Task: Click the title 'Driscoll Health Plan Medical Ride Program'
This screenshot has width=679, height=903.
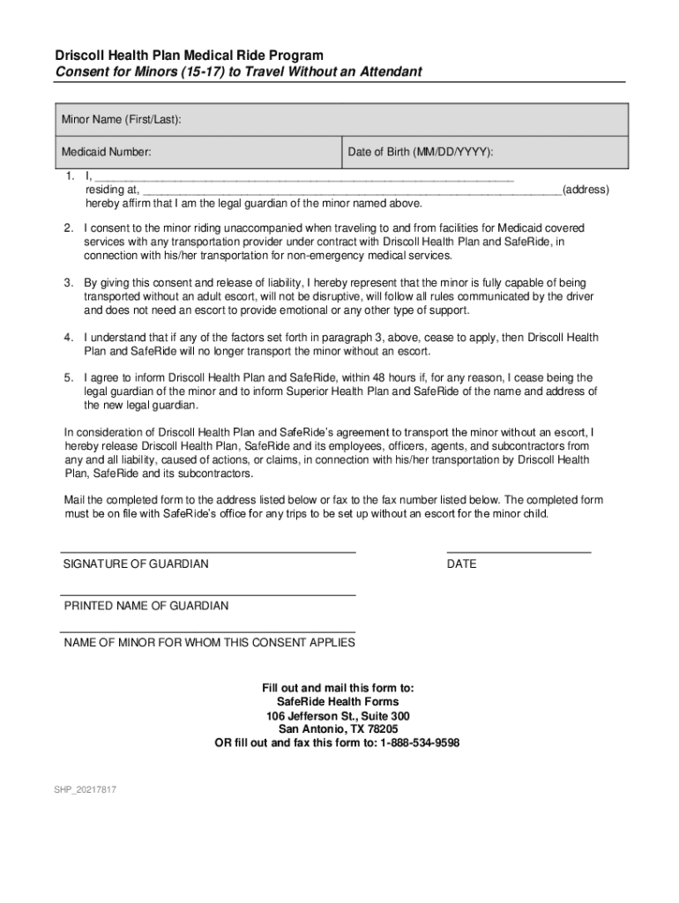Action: [x=189, y=56]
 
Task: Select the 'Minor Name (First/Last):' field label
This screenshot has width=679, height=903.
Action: [x=122, y=119]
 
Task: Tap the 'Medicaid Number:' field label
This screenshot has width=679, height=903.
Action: [x=106, y=153]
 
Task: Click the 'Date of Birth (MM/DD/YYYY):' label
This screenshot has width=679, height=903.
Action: [x=420, y=153]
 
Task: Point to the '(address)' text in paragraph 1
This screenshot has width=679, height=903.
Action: [x=585, y=190]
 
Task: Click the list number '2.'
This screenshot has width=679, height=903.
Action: [x=68, y=228]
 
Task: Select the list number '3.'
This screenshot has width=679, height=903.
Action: [x=68, y=283]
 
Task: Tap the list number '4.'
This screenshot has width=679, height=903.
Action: [x=68, y=338]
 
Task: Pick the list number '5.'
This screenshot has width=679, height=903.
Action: [x=68, y=377]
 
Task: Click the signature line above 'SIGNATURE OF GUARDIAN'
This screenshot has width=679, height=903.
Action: [x=208, y=552]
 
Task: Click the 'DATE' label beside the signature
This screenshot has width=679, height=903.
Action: [x=461, y=563]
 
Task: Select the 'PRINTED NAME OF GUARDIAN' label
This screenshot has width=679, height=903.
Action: [x=145, y=606]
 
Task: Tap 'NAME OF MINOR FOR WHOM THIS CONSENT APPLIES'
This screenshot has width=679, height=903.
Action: [x=209, y=643]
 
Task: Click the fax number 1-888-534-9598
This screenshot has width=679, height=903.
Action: [x=420, y=743]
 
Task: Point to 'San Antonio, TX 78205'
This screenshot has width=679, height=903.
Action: [x=338, y=729]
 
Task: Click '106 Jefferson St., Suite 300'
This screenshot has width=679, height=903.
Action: [x=338, y=716]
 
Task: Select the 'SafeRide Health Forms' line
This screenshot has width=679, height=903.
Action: [x=338, y=702]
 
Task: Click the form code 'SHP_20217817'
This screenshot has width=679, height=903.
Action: [x=84, y=789]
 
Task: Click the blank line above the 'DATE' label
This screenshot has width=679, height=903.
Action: [x=519, y=552]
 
